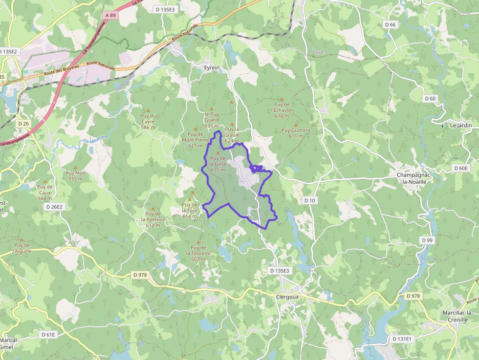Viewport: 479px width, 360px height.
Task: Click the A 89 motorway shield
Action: pos(110,15)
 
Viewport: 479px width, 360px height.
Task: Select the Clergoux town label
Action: pos(287,296)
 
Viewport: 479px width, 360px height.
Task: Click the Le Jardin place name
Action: pos(460,125)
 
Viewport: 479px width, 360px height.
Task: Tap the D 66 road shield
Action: pos(390,24)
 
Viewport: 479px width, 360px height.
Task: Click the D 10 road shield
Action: pos(309,200)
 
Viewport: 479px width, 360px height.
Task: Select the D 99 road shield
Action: pos(427,240)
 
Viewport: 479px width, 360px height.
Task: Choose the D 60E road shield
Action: pos(460,169)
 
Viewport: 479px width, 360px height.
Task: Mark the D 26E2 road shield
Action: pos(54,207)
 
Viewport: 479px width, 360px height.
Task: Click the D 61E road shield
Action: pos(48,335)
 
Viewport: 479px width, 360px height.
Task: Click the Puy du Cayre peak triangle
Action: pos(148,110)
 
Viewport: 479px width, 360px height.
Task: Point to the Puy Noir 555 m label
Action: pos(76,176)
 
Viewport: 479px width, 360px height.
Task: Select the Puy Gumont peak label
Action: pos(296,133)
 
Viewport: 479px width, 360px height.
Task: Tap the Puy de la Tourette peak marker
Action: pos(198,242)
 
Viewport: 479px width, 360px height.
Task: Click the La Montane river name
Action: pos(96,140)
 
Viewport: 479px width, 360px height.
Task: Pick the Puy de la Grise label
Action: pos(218,164)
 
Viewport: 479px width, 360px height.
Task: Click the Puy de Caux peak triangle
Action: pos(44,181)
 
